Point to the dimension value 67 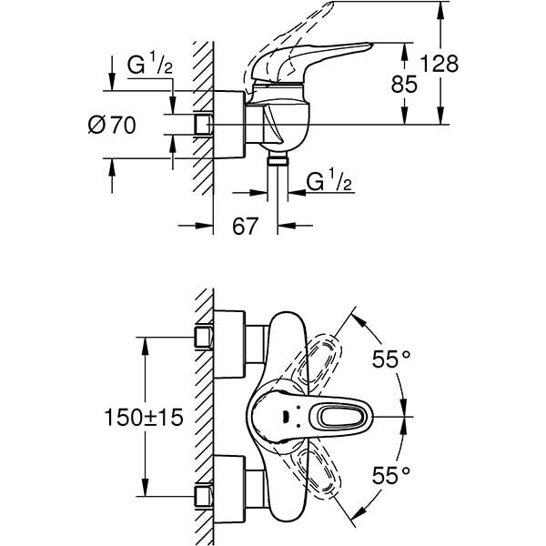point(244,226)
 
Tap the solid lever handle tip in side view point(359,47)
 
